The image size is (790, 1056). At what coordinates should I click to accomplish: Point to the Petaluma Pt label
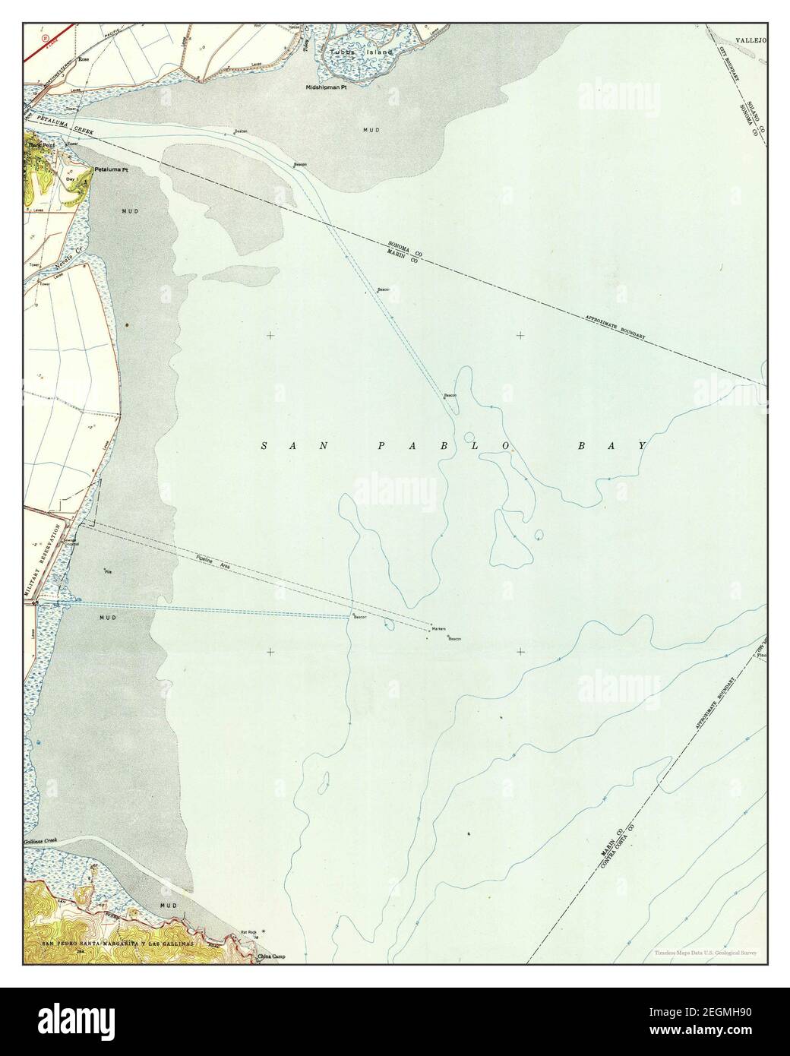110,170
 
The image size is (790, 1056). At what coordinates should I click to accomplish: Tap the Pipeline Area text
213,563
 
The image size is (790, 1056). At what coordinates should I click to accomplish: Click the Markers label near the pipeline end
438,630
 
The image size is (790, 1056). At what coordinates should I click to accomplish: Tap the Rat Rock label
249,931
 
